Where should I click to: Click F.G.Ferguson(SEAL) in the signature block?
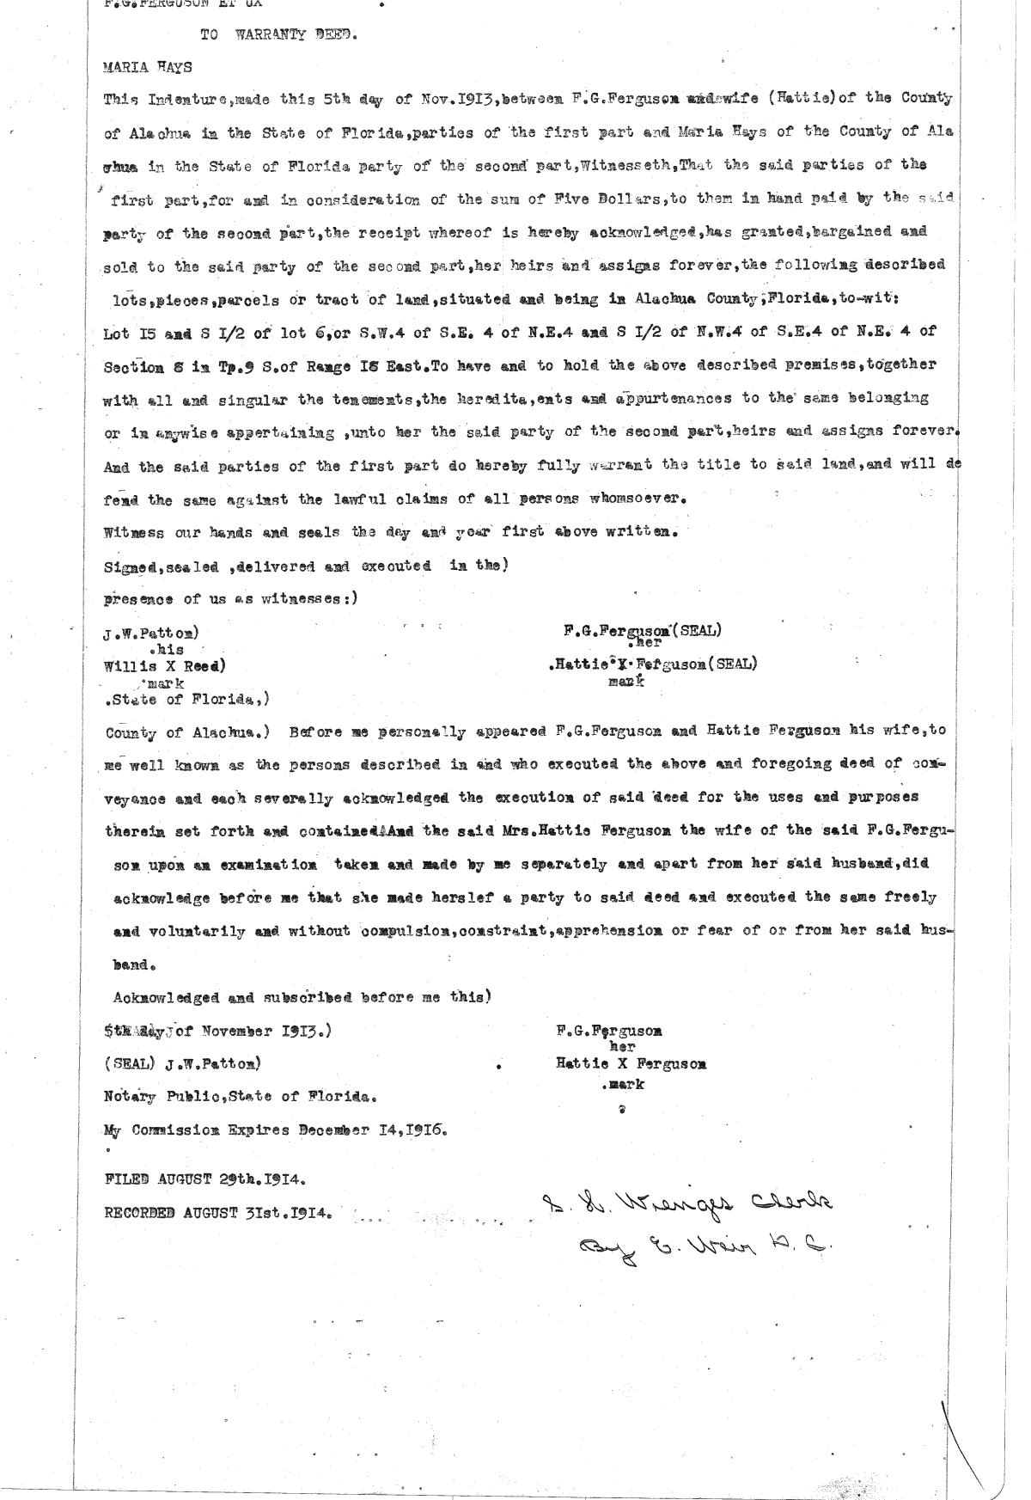[642, 631]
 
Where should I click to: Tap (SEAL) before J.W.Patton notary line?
[129, 1063]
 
